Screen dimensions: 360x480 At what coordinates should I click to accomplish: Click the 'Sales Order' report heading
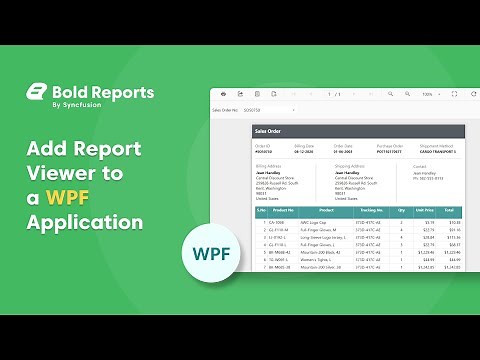tap(269, 131)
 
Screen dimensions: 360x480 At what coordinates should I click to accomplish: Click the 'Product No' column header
tap(284, 210)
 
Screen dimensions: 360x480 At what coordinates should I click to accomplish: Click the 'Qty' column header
tap(401, 210)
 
